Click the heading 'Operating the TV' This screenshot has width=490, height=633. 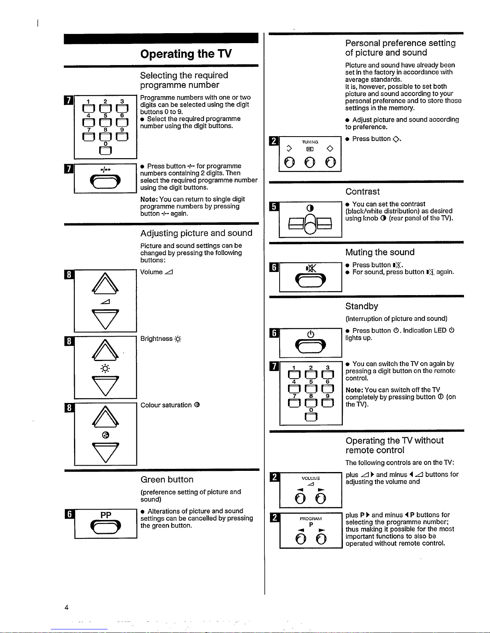[x=186, y=54]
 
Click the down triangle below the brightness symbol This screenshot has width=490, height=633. [x=105, y=385]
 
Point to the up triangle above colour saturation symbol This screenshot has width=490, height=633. [x=105, y=417]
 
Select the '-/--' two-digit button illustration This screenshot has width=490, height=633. [x=105, y=183]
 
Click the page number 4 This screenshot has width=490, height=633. [x=66, y=607]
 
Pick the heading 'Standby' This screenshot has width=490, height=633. [x=362, y=306]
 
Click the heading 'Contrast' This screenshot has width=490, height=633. [x=362, y=192]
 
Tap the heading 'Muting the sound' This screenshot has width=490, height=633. [x=380, y=252]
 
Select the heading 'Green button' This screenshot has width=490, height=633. [x=167, y=480]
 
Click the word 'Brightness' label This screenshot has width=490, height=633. [x=156, y=339]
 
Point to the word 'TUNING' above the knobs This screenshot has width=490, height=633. [x=310, y=142]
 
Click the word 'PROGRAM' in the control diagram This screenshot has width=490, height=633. [x=311, y=519]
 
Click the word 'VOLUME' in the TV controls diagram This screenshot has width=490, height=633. [x=311, y=478]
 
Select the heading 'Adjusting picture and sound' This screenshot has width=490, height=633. [x=196, y=233]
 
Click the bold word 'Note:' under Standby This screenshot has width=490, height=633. [x=354, y=390]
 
